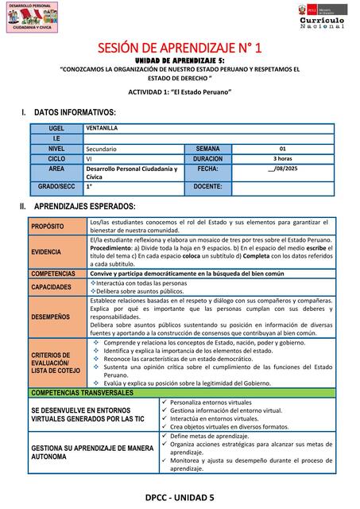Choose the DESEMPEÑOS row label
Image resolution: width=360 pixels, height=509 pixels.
click(50, 317)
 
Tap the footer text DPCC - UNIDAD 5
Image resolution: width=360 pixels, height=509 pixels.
click(180, 497)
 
